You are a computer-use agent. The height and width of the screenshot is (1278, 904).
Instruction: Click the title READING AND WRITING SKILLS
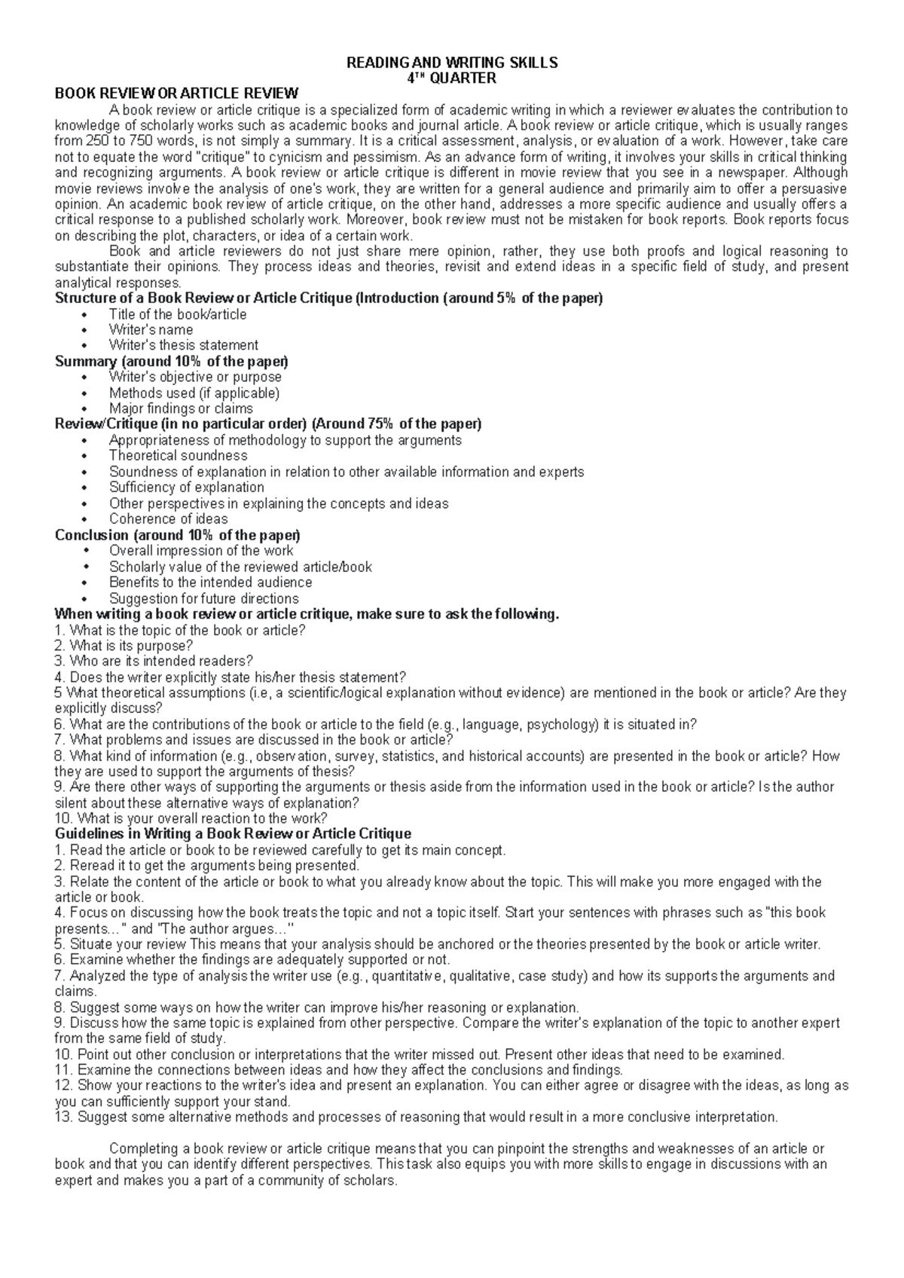pyautogui.click(x=451, y=63)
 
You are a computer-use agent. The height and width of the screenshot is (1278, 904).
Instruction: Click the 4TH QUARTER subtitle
pyautogui.click(x=451, y=78)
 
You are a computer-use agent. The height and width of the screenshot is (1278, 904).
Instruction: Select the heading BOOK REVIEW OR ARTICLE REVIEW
pyautogui.click(x=177, y=93)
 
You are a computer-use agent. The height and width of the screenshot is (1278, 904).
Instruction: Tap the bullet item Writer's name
pyautogui.click(x=151, y=330)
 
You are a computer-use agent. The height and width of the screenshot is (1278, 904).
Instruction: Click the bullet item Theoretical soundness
pyautogui.click(x=178, y=455)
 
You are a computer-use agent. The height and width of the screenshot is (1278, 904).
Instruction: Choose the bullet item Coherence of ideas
pyautogui.click(x=168, y=518)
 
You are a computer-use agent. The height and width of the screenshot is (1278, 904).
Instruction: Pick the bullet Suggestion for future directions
pyautogui.click(x=203, y=598)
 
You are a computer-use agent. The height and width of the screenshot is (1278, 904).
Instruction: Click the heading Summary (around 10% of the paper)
pyautogui.click(x=172, y=362)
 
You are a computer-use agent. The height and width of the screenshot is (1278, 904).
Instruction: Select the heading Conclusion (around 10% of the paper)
pyautogui.click(x=178, y=535)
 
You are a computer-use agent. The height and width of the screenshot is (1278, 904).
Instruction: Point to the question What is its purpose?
pyautogui.click(x=124, y=646)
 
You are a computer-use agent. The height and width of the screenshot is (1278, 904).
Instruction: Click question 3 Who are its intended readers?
pyautogui.click(x=154, y=661)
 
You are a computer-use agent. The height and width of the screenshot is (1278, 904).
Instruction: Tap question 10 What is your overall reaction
pyautogui.click(x=192, y=818)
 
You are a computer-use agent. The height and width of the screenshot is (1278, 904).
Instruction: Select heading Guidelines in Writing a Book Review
pyautogui.click(x=234, y=834)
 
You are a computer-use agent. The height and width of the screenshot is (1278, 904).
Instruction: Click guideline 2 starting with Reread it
pyautogui.click(x=207, y=866)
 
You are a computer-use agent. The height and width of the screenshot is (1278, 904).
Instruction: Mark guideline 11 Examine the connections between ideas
pyautogui.click(x=339, y=1070)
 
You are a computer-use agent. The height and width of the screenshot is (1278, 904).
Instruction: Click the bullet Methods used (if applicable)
pyautogui.click(x=194, y=393)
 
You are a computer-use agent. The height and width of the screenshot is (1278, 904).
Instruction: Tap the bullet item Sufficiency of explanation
pyautogui.click(x=186, y=487)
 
